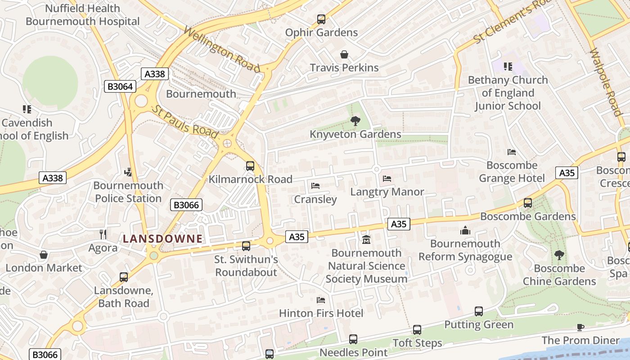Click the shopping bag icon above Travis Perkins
pyautogui.click(x=344, y=55)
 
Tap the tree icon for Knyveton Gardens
pyautogui.click(x=355, y=121)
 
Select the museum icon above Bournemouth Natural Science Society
pyautogui.click(x=366, y=239)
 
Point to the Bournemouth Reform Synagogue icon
pyautogui.click(x=465, y=230)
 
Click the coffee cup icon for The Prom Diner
pyautogui.click(x=580, y=327)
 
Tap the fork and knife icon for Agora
pyautogui.click(x=103, y=234)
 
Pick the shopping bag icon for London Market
pyautogui.click(x=44, y=255)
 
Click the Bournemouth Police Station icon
pyautogui.click(x=128, y=172)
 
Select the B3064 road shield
pyautogui.click(x=120, y=86)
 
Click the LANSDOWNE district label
pyautogui.click(x=162, y=239)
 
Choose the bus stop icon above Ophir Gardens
pyautogui.click(x=321, y=19)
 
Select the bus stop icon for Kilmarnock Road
pyautogui.click(x=250, y=166)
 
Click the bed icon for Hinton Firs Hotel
pyautogui.click(x=321, y=300)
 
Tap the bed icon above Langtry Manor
pyautogui.click(x=387, y=179)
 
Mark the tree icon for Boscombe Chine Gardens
pyautogui.click(x=559, y=255)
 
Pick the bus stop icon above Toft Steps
pyautogui.click(x=417, y=330)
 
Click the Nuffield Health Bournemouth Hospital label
pyautogui.click(x=83, y=14)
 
